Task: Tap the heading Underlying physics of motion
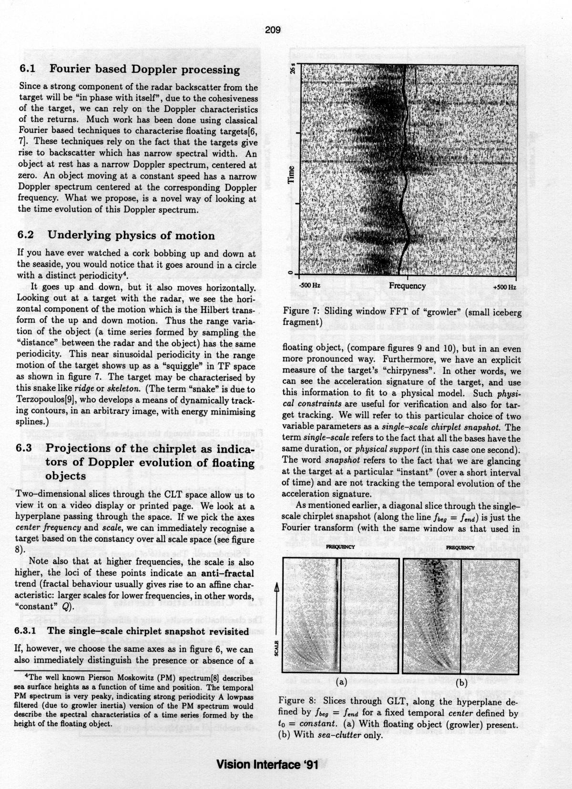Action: coord(131,235)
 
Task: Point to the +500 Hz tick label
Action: coord(504,287)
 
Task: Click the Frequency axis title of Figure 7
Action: coord(407,286)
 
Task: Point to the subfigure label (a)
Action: coord(341,682)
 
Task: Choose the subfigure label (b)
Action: coord(461,683)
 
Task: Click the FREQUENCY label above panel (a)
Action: coord(340,547)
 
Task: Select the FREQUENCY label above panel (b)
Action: coord(460,547)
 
